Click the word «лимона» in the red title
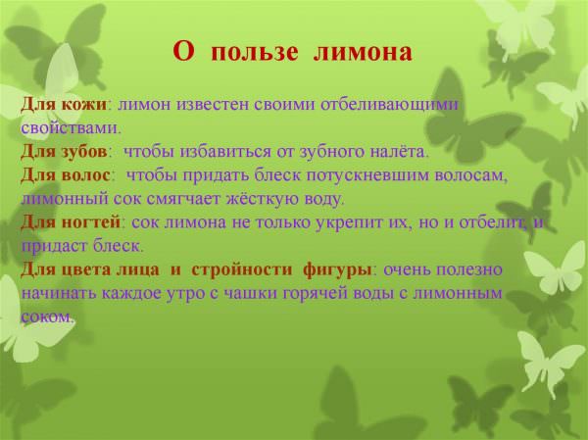363,52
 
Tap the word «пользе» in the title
255,52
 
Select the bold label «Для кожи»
64,104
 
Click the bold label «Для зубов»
64,152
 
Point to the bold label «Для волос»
66,174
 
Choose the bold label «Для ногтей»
71,222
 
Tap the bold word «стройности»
242,269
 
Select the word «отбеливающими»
389,105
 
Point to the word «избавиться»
225,152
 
